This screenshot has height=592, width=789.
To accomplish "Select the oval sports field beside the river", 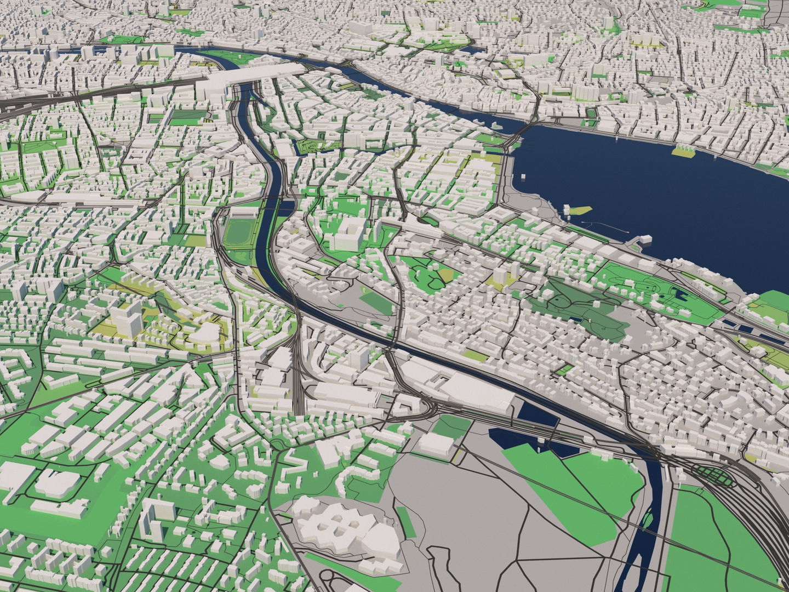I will [237, 232].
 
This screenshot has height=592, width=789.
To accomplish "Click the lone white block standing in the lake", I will [524, 177].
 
